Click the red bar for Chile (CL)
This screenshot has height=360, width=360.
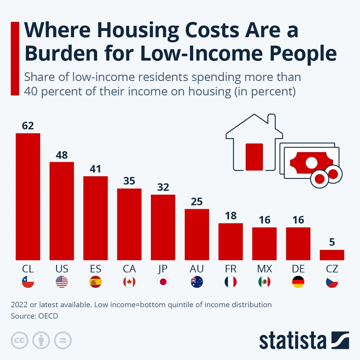(x=28, y=196)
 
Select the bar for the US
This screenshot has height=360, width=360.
(x=61, y=211)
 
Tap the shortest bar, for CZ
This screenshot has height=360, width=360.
(x=332, y=255)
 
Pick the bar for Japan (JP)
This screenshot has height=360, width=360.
(x=163, y=227)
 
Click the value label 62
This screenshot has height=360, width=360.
(x=28, y=126)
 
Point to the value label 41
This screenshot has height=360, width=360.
(x=95, y=169)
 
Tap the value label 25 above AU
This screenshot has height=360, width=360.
(x=197, y=202)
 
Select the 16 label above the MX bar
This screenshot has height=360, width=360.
(x=265, y=220)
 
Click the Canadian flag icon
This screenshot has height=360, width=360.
(x=129, y=282)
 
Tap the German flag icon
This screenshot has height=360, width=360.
(x=298, y=282)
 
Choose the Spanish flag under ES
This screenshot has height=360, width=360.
(x=95, y=282)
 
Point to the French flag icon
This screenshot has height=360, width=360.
(x=231, y=282)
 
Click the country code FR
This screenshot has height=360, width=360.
(x=231, y=269)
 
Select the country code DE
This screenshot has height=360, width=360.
(x=298, y=269)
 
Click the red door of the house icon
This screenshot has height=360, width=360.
(x=254, y=157)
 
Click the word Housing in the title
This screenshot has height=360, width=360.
(x=138, y=30)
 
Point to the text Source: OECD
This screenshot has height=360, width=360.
(x=34, y=316)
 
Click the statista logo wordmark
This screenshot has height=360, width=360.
(x=292, y=341)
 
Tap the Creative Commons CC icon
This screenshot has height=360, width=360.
(x=19, y=340)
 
